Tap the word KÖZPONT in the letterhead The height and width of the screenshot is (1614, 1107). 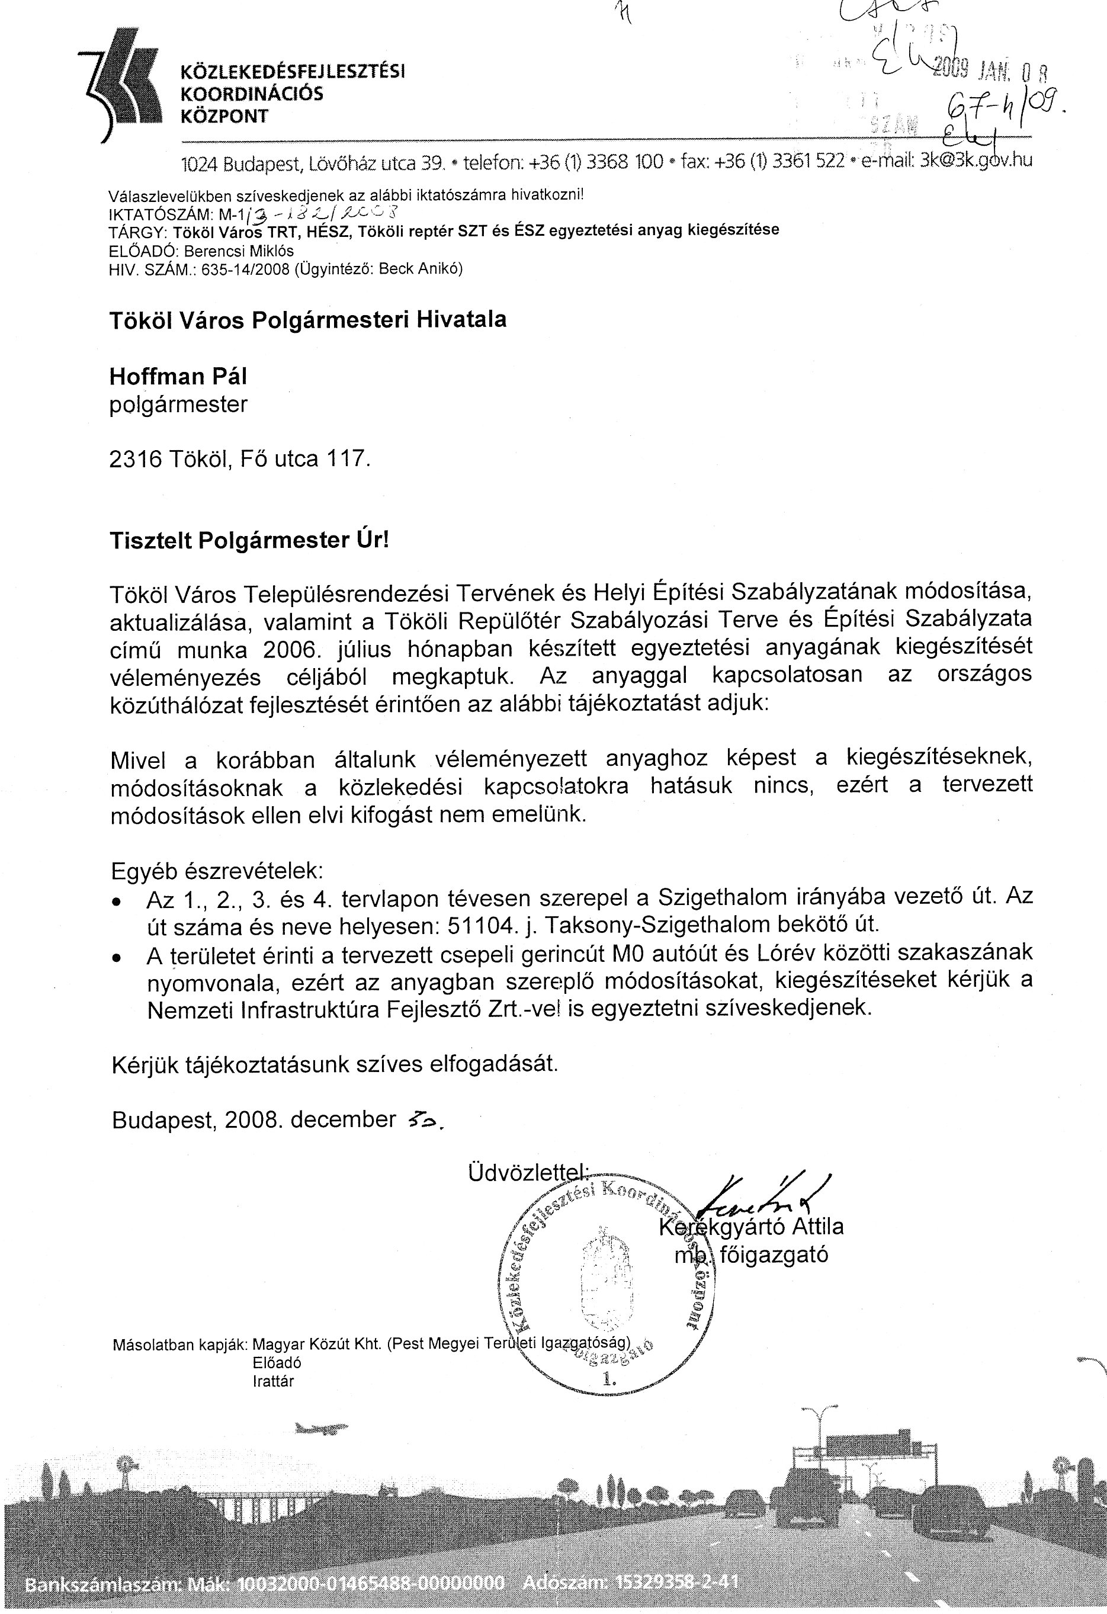tap(224, 116)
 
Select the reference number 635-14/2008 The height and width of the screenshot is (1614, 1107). tap(245, 269)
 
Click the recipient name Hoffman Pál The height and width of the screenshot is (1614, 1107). tap(178, 377)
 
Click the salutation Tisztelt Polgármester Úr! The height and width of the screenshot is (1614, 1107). tap(249, 540)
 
